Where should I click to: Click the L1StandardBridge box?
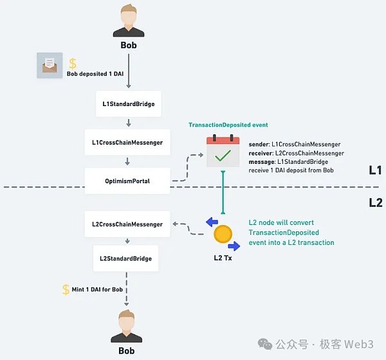[x=128, y=103]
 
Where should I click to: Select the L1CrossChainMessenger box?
[x=127, y=141]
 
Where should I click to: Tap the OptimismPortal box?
[x=127, y=181]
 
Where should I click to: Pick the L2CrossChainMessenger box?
[x=127, y=224]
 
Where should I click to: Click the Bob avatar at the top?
[x=129, y=21]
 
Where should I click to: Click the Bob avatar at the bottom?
[x=127, y=326]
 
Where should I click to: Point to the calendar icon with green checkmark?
[x=223, y=151]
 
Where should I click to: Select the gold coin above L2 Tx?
[x=223, y=234]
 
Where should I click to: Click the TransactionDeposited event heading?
[x=228, y=125]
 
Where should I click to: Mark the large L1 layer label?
[x=376, y=170]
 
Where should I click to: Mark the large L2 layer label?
[x=376, y=203]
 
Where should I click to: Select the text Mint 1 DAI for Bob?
[x=96, y=290]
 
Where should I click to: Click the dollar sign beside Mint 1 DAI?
[x=66, y=290]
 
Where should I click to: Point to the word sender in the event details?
[x=261, y=145]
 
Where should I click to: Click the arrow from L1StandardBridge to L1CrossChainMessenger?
[x=128, y=122]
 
